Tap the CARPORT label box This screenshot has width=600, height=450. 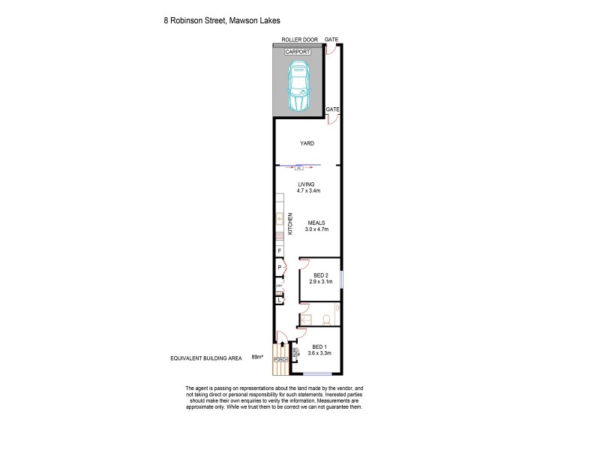pyautogui.click(x=299, y=51)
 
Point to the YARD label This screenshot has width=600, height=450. pyautogui.click(x=307, y=142)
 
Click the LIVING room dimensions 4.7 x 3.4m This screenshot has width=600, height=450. pyautogui.click(x=307, y=190)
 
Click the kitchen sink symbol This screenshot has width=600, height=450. pyautogui.click(x=279, y=219)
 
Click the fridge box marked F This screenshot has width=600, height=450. pyautogui.click(x=279, y=251)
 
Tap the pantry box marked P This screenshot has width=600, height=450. pyautogui.click(x=279, y=268)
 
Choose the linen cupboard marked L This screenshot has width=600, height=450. pyautogui.click(x=279, y=299)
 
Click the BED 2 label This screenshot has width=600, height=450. pyautogui.click(x=321, y=275)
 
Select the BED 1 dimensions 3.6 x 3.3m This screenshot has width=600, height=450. pyautogui.click(x=319, y=352)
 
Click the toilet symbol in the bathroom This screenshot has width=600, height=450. pyautogui.click(x=326, y=319)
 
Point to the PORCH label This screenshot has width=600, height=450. pyautogui.click(x=281, y=358)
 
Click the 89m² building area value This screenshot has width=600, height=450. pyautogui.click(x=258, y=357)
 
